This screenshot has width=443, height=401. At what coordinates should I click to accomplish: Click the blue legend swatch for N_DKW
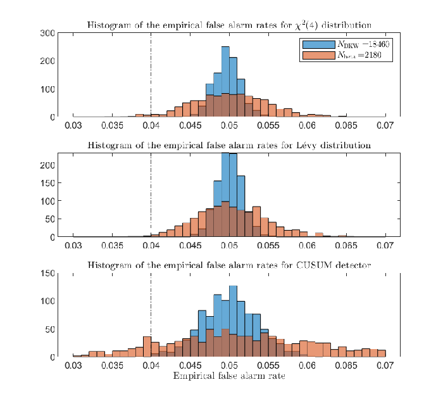click(x=319, y=45)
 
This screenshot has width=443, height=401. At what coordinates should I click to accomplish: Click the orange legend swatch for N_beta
click(x=319, y=55)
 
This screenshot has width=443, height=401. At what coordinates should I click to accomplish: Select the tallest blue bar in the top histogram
click(x=225, y=82)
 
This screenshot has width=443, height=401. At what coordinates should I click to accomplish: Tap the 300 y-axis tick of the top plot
click(x=47, y=33)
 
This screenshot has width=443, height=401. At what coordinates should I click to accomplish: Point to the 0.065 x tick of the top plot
click(x=346, y=125)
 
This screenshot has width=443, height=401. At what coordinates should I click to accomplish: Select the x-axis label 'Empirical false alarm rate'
click(x=229, y=376)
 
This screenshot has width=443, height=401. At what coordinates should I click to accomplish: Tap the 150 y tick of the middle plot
click(x=47, y=183)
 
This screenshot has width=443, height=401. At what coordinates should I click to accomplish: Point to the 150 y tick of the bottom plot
click(x=47, y=273)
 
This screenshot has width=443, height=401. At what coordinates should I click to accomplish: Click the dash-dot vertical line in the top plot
click(x=151, y=75)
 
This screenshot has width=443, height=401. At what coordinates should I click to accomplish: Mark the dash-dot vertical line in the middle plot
click(x=151, y=194)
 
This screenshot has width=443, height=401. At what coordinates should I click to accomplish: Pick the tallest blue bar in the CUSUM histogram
click(x=233, y=321)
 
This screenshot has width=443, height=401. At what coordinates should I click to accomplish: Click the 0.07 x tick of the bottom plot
click(x=385, y=366)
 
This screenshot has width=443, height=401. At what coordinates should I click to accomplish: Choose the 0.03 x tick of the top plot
click(x=73, y=125)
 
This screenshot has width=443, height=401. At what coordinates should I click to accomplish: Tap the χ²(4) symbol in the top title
click(x=306, y=25)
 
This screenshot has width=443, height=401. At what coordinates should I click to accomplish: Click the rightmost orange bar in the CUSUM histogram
click(x=382, y=353)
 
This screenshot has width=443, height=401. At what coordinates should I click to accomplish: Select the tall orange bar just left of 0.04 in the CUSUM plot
click(x=147, y=347)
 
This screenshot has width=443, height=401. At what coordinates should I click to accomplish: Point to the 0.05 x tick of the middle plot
click(x=229, y=245)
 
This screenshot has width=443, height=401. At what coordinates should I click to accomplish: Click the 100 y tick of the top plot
click(x=47, y=89)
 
